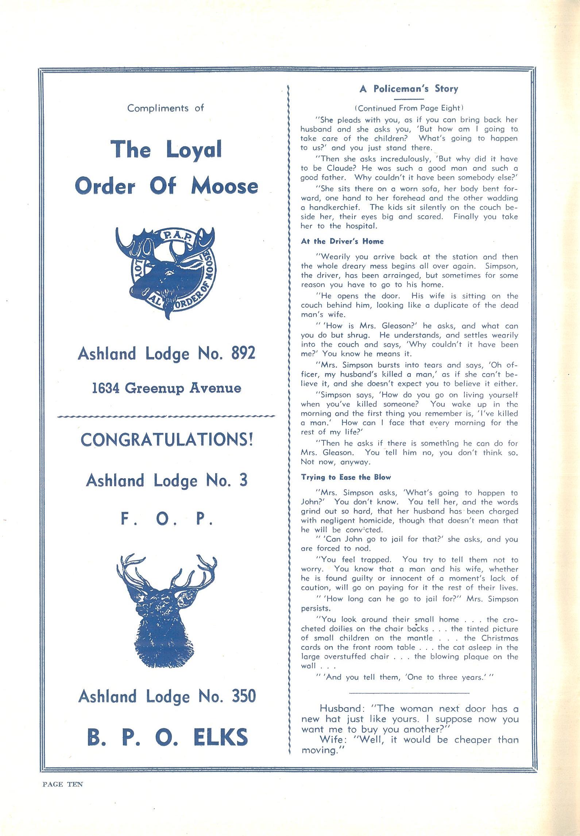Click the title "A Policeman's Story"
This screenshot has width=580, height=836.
(409, 89)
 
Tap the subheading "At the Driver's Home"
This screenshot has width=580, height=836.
(342, 241)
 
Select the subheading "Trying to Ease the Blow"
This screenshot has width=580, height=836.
(345, 477)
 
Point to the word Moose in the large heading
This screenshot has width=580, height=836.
(224, 186)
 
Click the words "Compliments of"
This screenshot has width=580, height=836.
(165, 108)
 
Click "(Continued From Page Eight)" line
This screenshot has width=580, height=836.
(409, 108)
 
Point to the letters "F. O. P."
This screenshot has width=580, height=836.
(167, 519)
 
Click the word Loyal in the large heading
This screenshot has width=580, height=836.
(194, 149)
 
